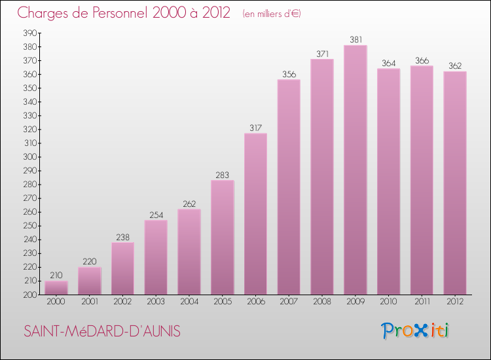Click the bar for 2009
coord(355,170)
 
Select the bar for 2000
coord(56,288)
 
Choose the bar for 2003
coord(156,257)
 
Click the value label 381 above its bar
coord(355,39)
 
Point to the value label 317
coord(255,128)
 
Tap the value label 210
coord(56,276)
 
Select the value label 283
coord(222,175)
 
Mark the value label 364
coord(388,63)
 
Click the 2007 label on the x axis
coord(289,302)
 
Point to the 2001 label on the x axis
coord(89,302)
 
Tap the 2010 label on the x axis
coord(388,302)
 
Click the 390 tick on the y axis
coord(29,33)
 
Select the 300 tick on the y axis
coord(29,157)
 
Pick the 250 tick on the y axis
coord(29,226)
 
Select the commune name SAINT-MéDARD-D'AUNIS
coord(102,331)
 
